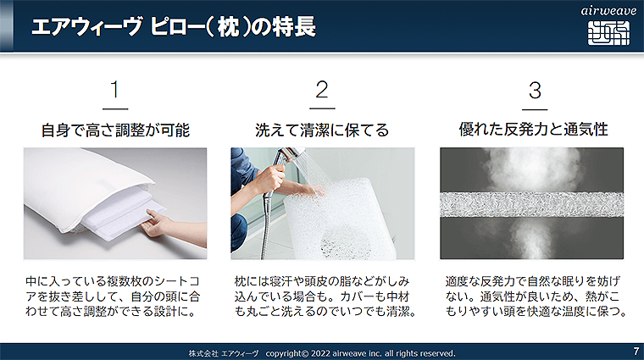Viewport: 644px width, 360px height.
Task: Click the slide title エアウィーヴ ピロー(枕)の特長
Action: pyautogui.click(x=174, y=26)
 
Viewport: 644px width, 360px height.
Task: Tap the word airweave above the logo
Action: pyautogui.click(x=608, y=11)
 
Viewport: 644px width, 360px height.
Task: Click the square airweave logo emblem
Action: pyautogui.click(x=608, y=33)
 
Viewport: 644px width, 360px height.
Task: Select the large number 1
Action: pyautogui.click(x=115, y=90)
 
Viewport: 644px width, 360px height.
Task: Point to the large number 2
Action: pyautogui.click(x=322, y=90)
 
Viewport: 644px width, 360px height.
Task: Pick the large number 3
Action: pyautogui.click(x=535, y=90)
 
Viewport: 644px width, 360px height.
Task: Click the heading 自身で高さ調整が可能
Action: pyautogui.click(x=115, y=130)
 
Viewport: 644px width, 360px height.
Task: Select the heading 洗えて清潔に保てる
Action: pyautogui.click(x=322, y=130)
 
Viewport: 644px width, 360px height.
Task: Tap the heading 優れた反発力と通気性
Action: pyautogui.click(x=533, y=130)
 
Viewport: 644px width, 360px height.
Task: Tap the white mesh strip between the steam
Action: pyautogui.click(x=531, y=204)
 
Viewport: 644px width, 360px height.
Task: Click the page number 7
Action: pyautogui.click(x=636, y=352)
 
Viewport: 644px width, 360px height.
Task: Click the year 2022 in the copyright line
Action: pyautogui.click(x=320, y=353)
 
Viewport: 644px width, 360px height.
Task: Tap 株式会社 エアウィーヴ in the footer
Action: pyautogui.click(x=224, y=353)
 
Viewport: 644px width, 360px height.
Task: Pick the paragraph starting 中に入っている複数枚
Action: pyautogui.click(x=113, y=296)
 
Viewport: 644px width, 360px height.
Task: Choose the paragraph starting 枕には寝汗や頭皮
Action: pyautogui.click(x=325, y=296)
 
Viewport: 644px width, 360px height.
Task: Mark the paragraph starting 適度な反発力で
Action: pyautogui.click(x=536, y=296)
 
